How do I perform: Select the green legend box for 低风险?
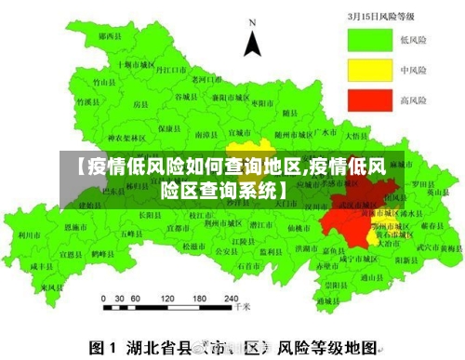tap(370, 39)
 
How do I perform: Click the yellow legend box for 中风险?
tap(370, 69)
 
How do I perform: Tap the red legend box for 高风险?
tap(370, 99)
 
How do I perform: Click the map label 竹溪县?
tap(86, 82)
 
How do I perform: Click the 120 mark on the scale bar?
tap(167, 300)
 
